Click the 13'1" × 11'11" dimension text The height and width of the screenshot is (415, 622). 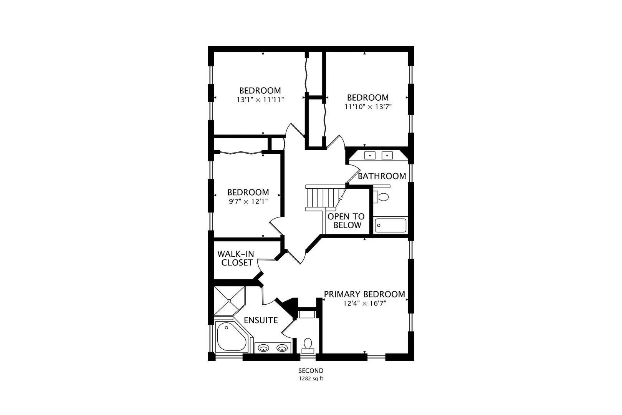tap(260, 100)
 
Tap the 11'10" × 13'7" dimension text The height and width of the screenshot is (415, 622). tap(368, 106)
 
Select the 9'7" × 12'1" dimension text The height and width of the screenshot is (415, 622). tap(248, 201)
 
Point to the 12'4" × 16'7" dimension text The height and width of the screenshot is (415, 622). tap(365, 303)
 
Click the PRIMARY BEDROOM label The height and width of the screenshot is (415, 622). tap(365, 294)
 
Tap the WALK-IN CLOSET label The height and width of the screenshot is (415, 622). tap(236, 258)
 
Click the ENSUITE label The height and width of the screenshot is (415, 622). tap(261, 320)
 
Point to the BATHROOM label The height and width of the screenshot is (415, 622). tap(382, 176)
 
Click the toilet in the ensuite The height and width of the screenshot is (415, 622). tap(308, 346)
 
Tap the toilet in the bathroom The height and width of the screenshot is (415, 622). tap(381, 197)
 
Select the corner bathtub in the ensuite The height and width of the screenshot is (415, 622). tap(232, 337)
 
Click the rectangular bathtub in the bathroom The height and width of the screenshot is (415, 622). tap(390, 225)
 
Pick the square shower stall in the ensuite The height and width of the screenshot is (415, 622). tap(230, 301)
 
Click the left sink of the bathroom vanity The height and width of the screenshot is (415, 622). tap(370, 155)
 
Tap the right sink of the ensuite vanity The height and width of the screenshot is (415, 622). tap(282, 347)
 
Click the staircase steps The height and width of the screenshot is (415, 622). tap(324, 198)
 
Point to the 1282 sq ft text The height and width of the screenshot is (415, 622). tap(311, 378)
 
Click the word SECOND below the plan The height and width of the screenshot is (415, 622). tap(311, 370)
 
